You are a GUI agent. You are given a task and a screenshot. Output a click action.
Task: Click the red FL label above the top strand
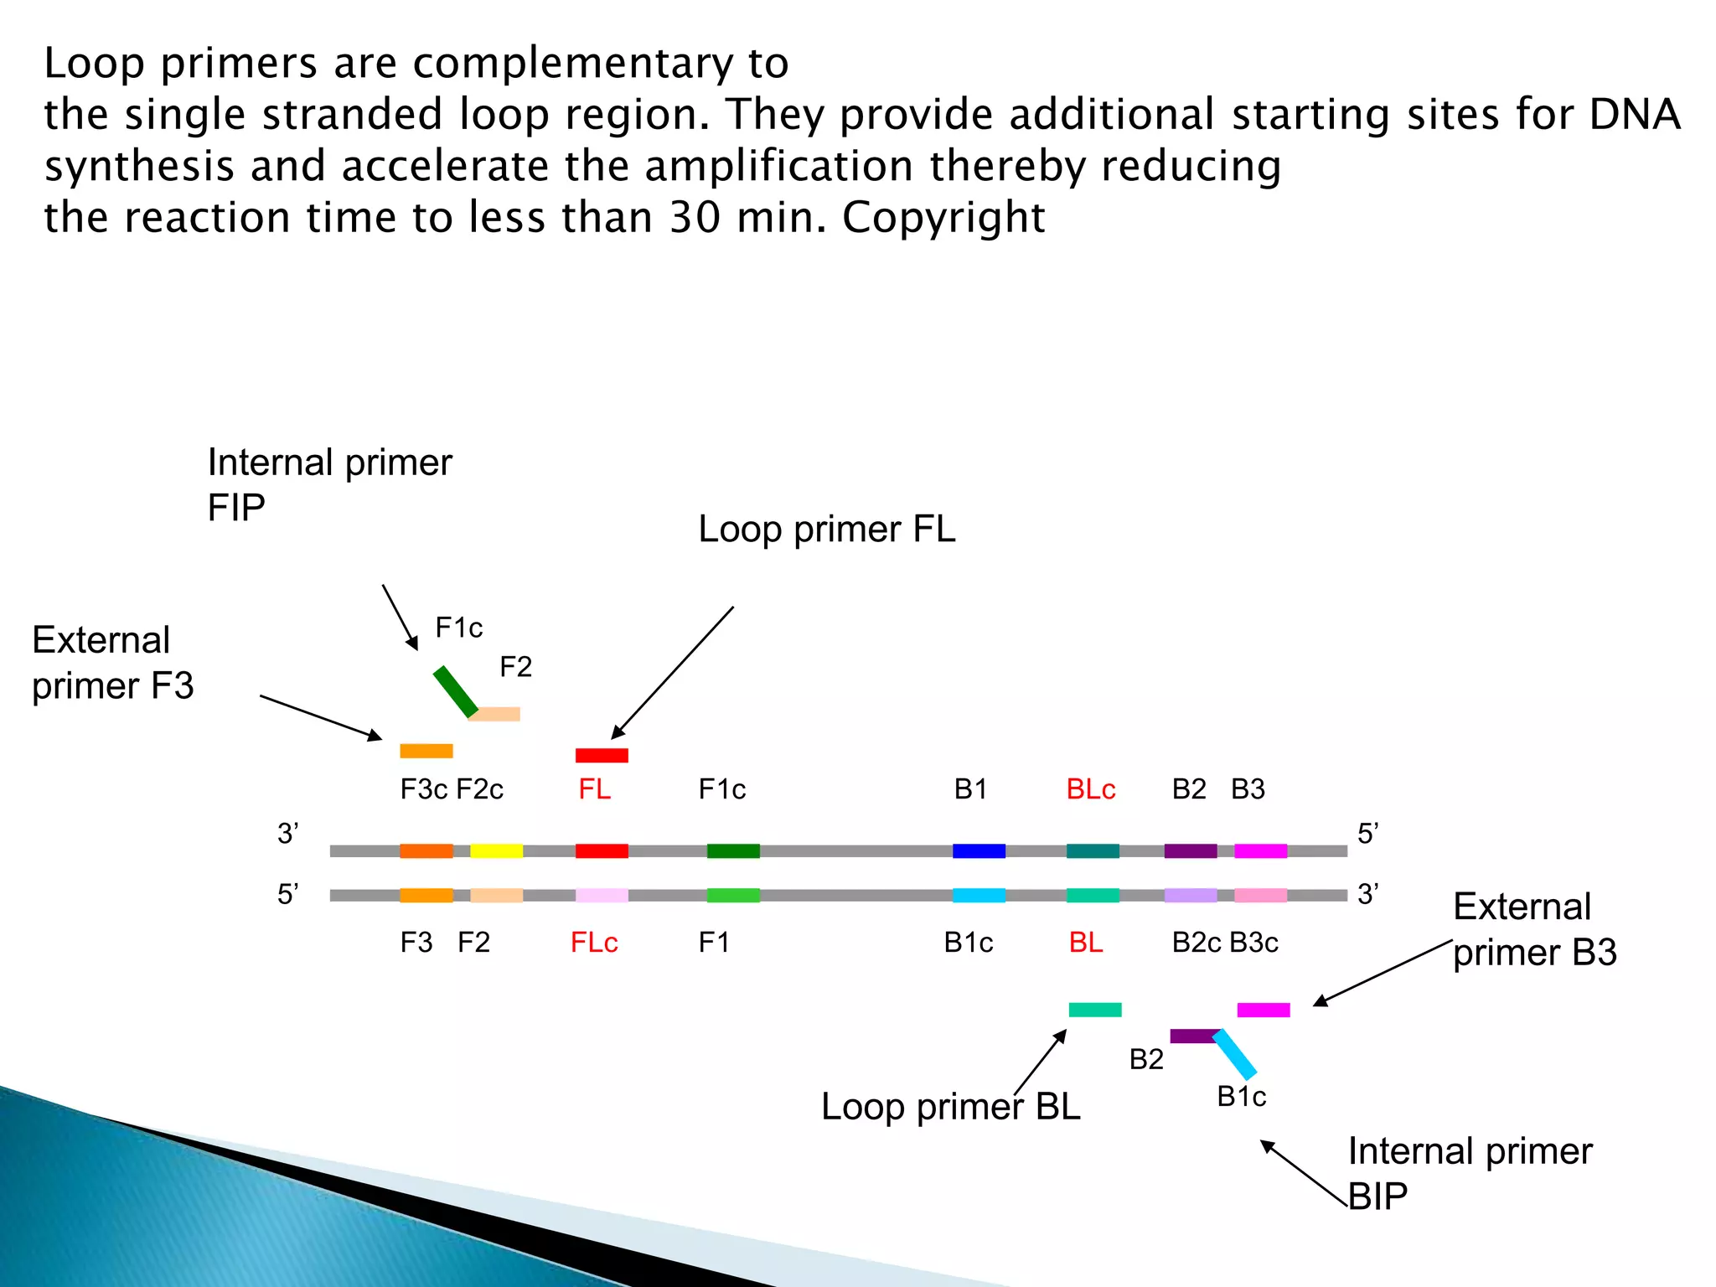[x=594, y=789]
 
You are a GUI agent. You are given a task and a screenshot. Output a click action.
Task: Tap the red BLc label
[x=1090, y=789]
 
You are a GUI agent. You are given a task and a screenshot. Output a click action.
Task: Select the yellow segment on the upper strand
[x=496, y=850]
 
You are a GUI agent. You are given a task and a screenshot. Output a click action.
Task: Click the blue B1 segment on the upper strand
[x=979, y=850]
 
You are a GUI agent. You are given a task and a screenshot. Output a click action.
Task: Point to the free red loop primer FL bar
[x=602, y=755]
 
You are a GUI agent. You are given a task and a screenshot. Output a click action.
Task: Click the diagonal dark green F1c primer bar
[x=455, y=692]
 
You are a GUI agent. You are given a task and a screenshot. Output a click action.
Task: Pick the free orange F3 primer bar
[x=426, y=751]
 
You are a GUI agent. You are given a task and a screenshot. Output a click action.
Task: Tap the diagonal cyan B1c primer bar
[x=1235, y=1054]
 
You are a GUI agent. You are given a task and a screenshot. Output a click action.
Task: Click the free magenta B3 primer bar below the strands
[x=1264, y=1010]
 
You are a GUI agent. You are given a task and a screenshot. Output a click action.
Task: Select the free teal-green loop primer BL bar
[x=1095, y=1010]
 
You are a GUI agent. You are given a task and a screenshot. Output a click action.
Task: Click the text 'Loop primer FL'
[x=826, y=530]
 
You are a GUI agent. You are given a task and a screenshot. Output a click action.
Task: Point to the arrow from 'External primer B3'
[x=1383, y=973]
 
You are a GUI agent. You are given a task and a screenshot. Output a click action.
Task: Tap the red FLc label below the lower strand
[x=594, y=943]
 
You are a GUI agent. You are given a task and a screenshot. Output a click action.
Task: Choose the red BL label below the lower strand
[x=1086, y=943]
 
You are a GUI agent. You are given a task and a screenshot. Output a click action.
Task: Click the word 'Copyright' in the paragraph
[x=943, y=218]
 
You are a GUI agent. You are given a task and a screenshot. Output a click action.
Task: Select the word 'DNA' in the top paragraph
[x=1635, y=115]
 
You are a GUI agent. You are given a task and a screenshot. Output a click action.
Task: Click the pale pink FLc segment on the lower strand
[x=602, y=895]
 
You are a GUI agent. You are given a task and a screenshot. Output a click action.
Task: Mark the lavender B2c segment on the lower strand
[x=1191, y=895]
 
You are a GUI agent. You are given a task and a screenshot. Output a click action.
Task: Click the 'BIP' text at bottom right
[x=1378, y=1196]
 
